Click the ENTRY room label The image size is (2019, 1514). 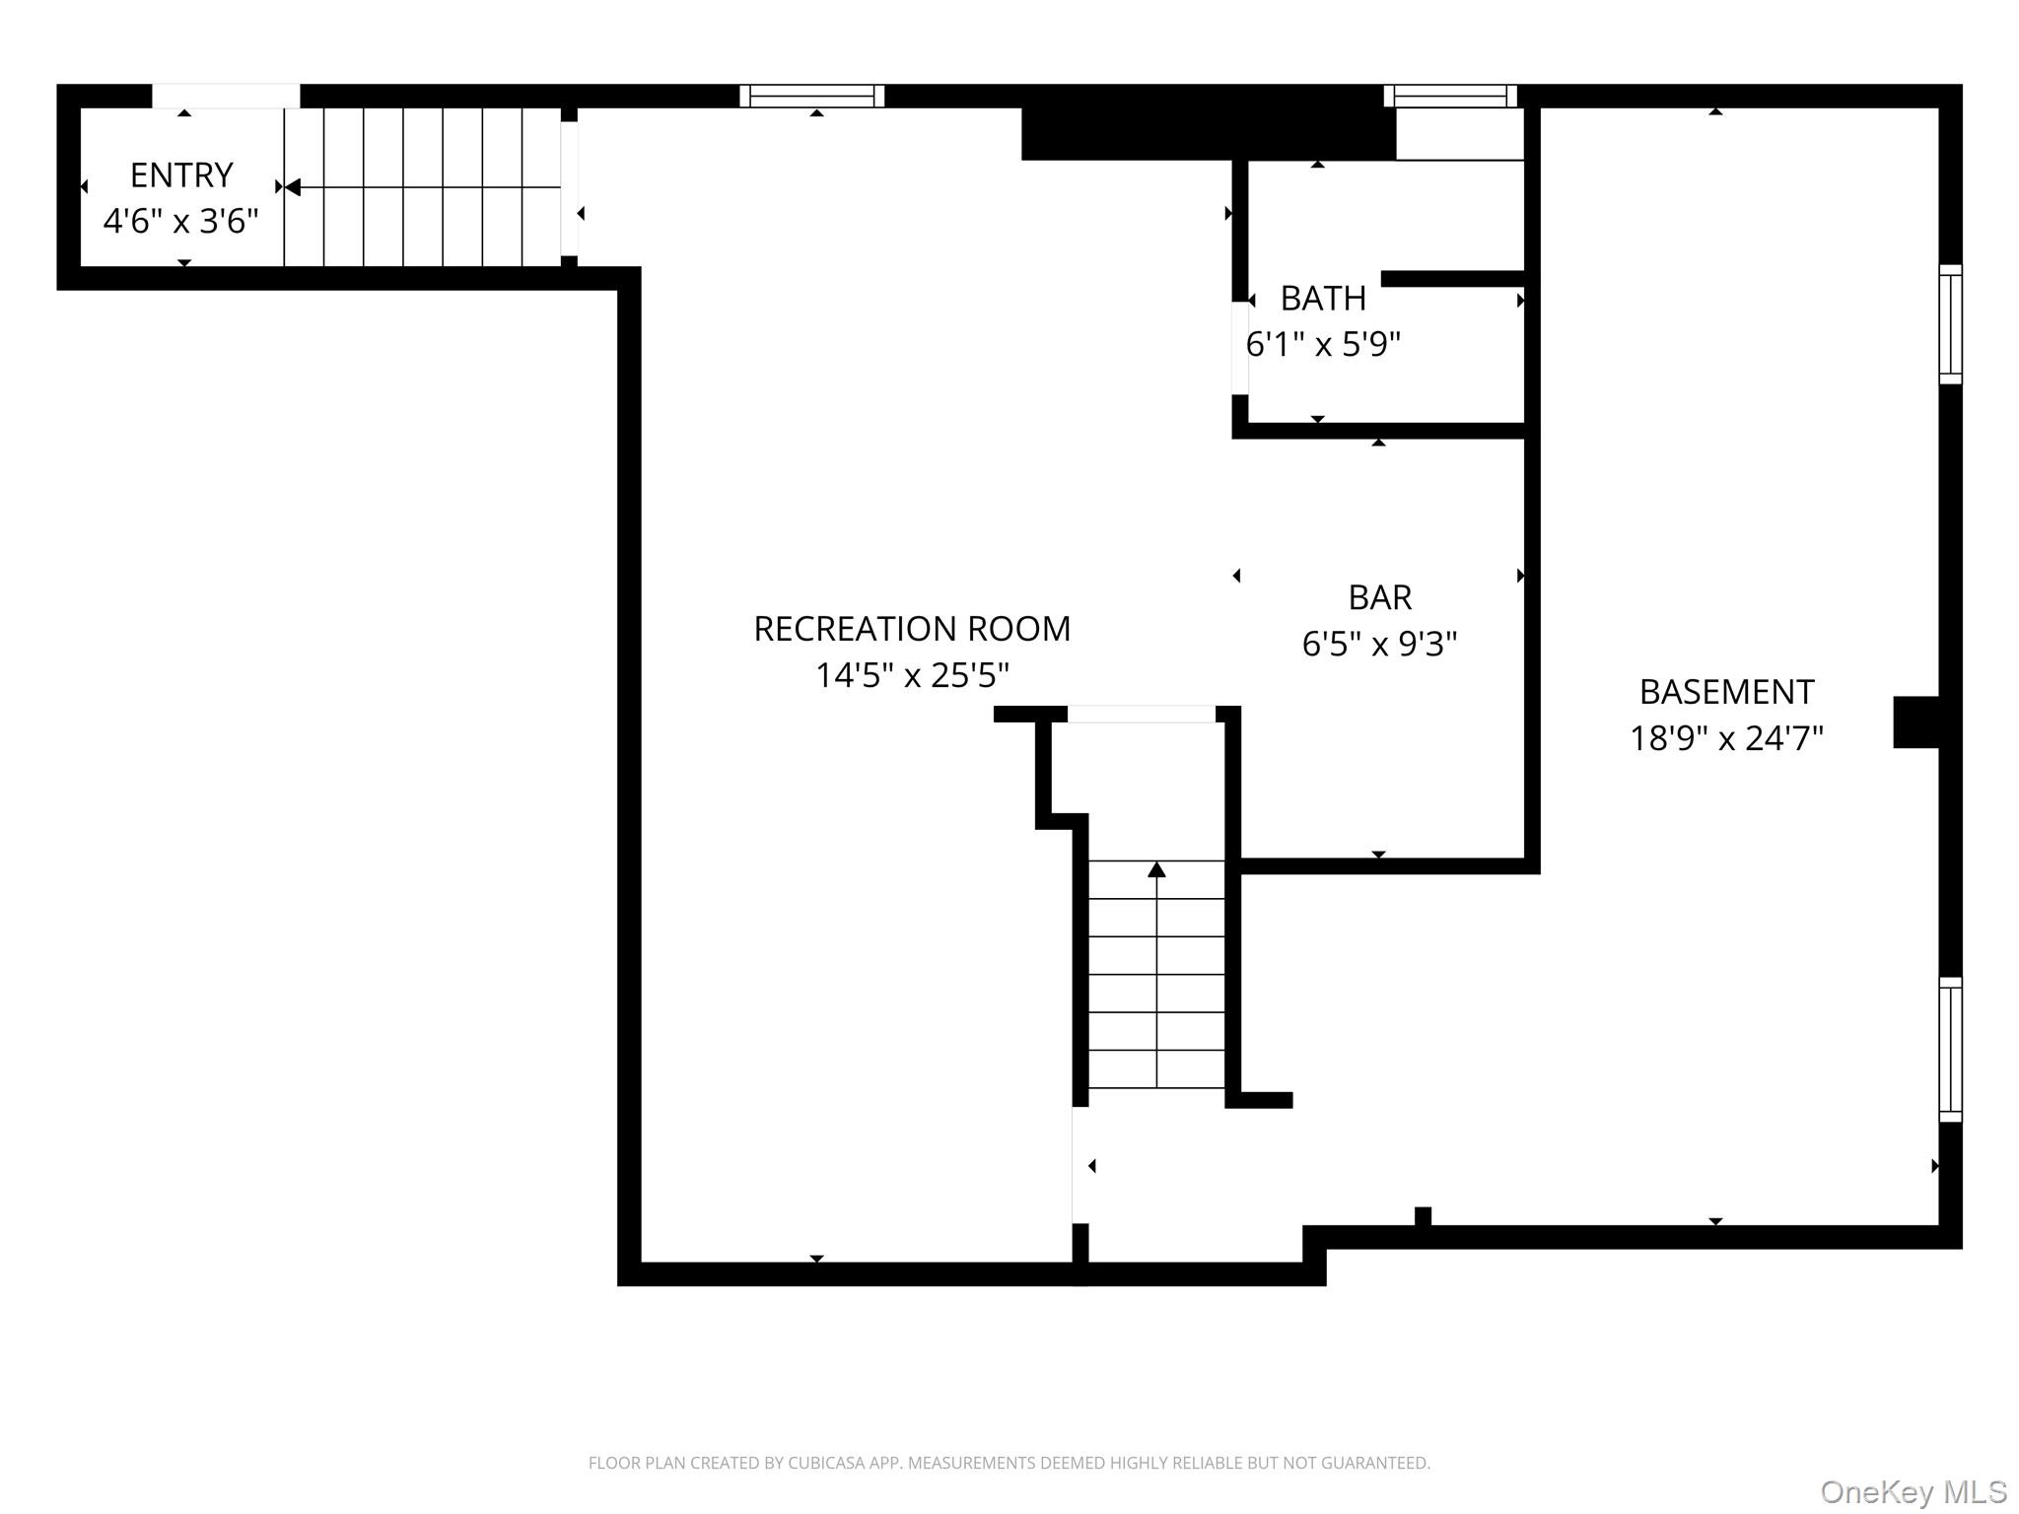coord(181,175)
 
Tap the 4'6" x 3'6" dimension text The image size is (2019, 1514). coord(181,222)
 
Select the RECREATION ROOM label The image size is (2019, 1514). coord(912,629)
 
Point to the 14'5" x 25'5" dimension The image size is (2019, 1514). coord(912,676)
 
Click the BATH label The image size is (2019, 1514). coord(1323,298)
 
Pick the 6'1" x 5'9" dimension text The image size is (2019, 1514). coord(1323,345)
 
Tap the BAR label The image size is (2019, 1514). coord(1379,597)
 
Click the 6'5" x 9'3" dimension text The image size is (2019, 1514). coord(1379,645)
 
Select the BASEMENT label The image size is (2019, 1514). coord(1726,692)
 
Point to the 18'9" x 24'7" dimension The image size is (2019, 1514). coord(1726,739)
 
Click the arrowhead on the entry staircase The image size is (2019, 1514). coord(293,187)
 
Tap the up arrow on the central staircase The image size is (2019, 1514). coord(1156,869)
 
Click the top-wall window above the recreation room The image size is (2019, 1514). coord(812,96)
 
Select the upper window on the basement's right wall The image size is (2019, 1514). coord(1950,324)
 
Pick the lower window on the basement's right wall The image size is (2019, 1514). coord(1950,1050)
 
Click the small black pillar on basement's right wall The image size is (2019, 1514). coord(1915,723)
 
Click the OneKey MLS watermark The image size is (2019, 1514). coord(1913,1492)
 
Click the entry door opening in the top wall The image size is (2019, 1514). coord(226,96)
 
